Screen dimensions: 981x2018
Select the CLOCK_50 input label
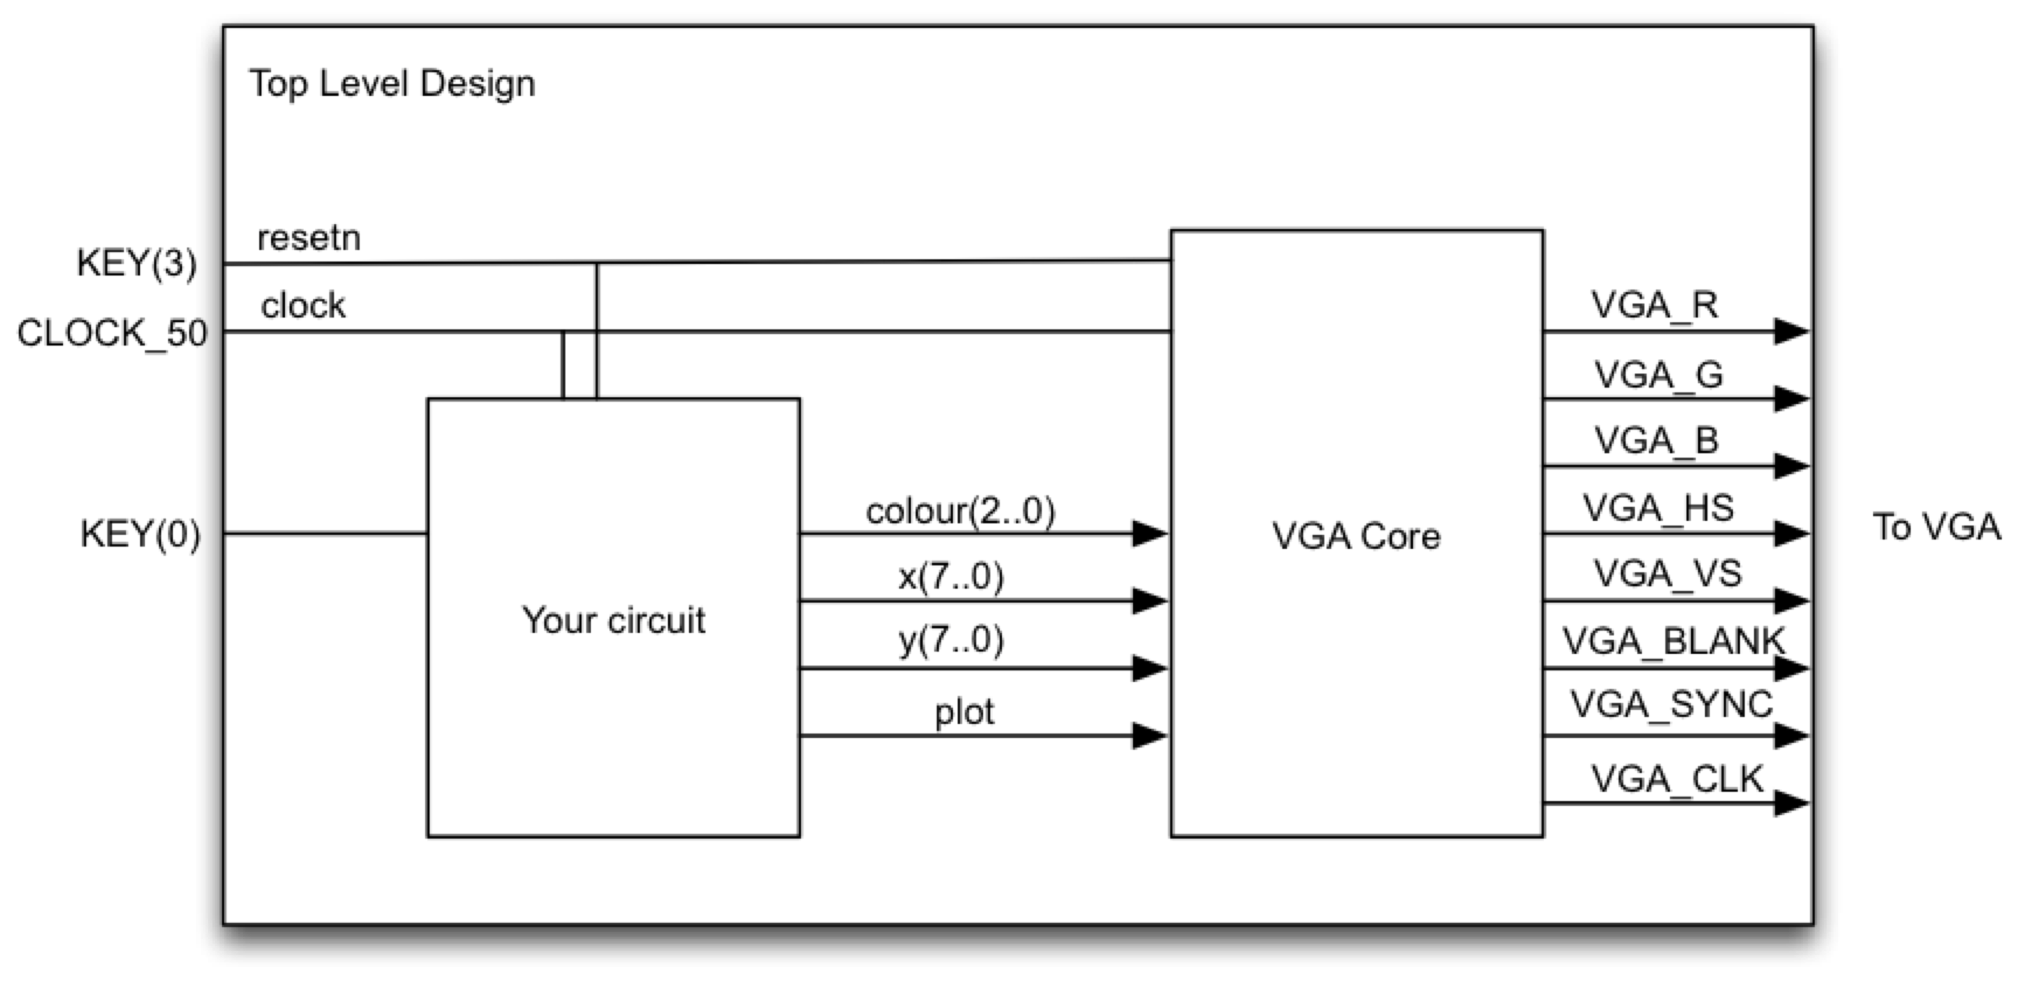tap(112, 333)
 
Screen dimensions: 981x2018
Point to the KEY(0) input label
tap(140, 534)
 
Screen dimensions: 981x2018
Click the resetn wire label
tap(309, 238)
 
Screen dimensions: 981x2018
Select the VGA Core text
tap(1356, 536)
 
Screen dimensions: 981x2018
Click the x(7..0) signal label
tap(951, 577)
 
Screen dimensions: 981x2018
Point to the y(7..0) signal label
tap(951, 641)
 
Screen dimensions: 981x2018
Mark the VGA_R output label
tap(1655, 305)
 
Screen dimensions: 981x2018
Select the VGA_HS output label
tap(1658, 508)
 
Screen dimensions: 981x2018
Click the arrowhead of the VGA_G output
tap(1791, 399)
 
